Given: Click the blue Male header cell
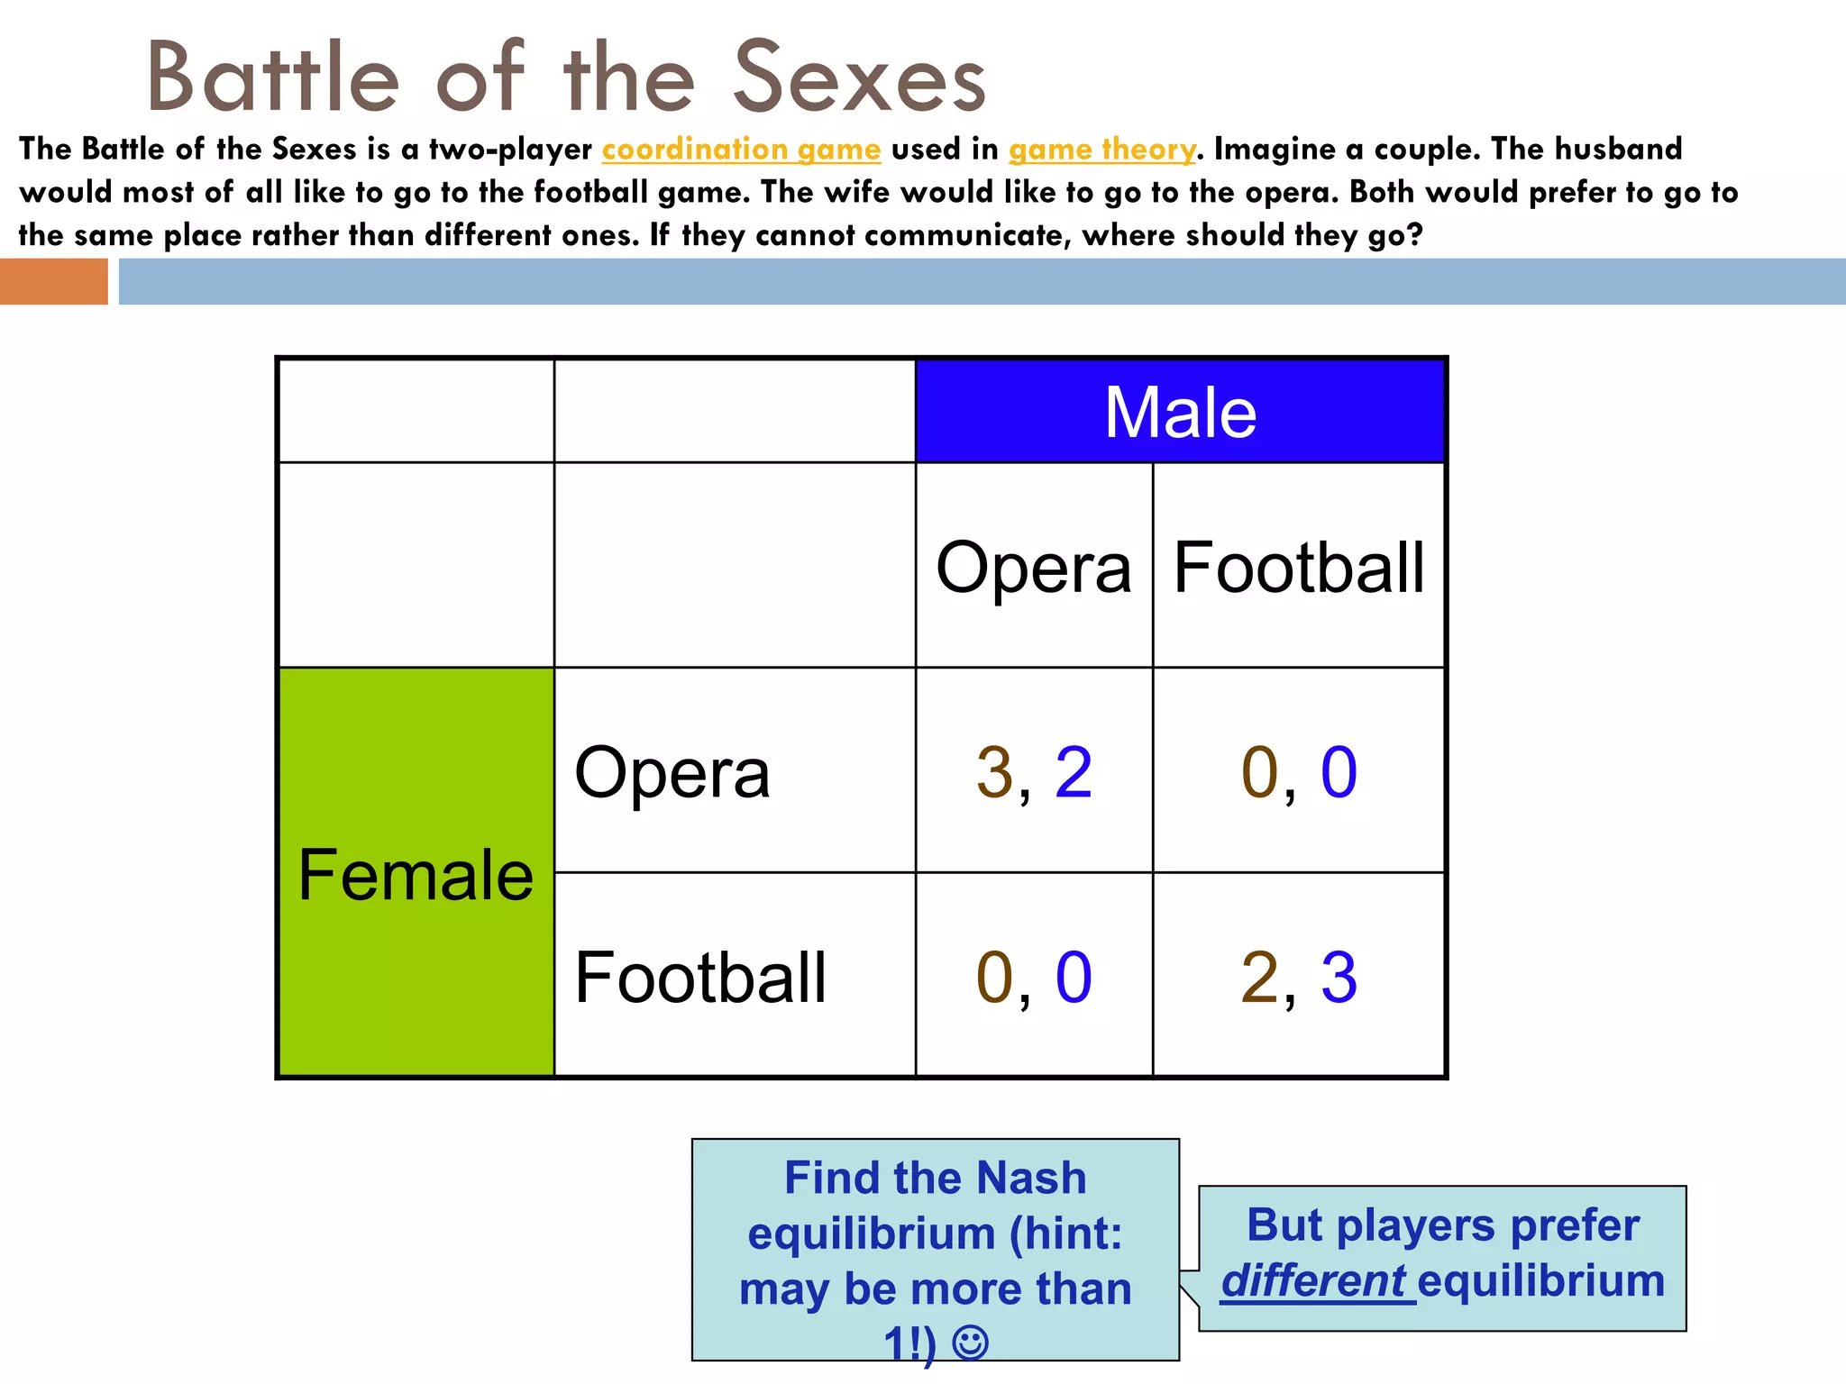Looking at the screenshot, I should click(x=1181, y=412).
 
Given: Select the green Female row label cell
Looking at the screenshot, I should click(x=416, y=872).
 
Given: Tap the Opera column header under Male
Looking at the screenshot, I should click(x=1034, y=567).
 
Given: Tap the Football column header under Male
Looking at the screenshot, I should click(x=1299, y=567).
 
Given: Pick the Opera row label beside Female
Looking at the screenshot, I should click(x=672, y=772).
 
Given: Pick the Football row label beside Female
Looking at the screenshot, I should click(x=700, y=977).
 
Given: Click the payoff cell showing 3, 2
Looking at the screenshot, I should click(x=1034, y=772).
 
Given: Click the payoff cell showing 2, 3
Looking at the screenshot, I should click(x=1299, y=977).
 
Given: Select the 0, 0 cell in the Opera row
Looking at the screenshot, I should click(x=1299, y=772).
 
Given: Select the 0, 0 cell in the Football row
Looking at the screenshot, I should click(x=1034, y=977).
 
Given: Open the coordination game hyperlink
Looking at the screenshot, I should click(x=741, y=149).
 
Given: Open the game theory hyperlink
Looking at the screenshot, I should click(x=1101, y=149).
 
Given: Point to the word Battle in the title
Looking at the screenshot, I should click(x=273, y=78).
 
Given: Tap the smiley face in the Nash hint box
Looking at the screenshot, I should click(x=971, y=1343).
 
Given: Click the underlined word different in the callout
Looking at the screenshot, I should click(x=1313, y=1280).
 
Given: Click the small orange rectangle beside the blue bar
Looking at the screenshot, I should click(x=53, y=281).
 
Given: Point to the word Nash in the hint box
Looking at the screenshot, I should click(x=1030, y=1178).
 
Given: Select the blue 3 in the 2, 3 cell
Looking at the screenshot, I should click(x=1339, y=977).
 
